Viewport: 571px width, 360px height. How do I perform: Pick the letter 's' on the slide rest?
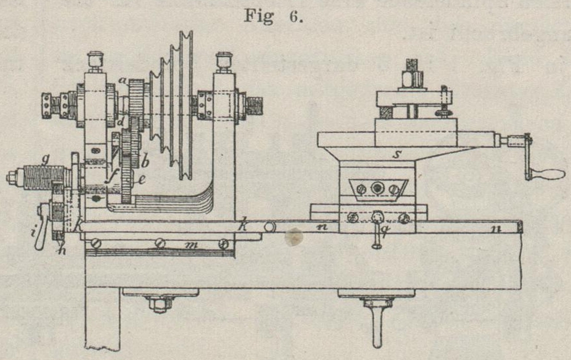(x=396, y=156)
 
